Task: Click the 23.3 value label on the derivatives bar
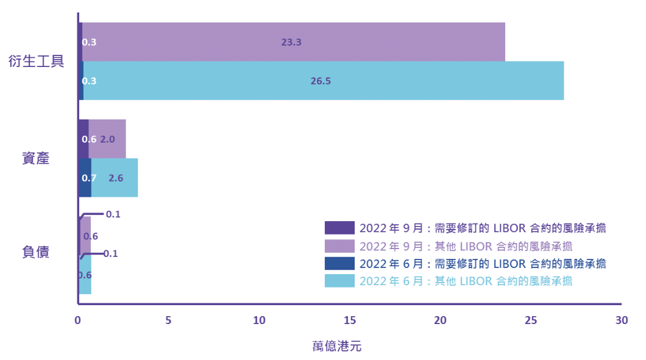tap(292, 43)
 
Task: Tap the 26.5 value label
tap(320, 81)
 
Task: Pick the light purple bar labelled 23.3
tap(396, 43)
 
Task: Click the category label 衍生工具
tap(37, 62)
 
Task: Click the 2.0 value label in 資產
tap(108, 139)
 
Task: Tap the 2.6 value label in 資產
tap(116, 178)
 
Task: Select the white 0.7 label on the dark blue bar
tap(89, 178)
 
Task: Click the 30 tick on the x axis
tap(621, 321)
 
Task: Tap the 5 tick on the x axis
tap(168, 321)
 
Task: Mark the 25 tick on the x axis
tap(530, 321)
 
